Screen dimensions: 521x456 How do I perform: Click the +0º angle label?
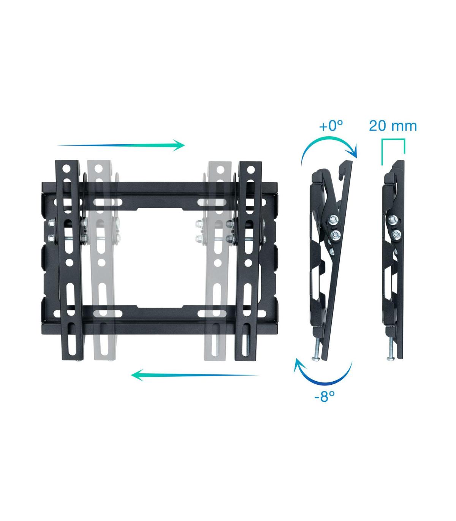point(331,126)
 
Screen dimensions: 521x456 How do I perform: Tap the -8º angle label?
point(325,396)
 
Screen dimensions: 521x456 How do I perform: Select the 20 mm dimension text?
point(393,126)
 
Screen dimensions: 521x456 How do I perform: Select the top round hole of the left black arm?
point(66,167)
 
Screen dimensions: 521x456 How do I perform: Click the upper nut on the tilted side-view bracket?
point(333,219)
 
